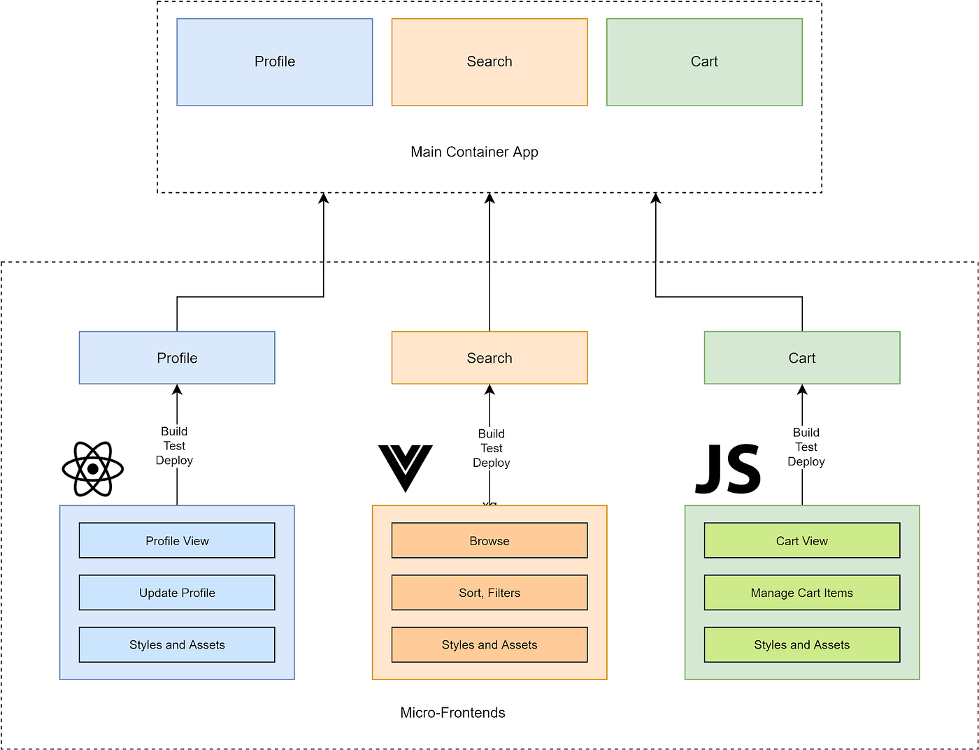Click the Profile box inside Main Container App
pos(274,62)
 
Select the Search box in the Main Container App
pos(489,62)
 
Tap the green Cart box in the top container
pos(704,62)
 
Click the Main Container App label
pos(474,152)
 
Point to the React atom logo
pos(93,469)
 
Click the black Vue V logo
pos(405,468)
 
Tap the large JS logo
pos(728,469)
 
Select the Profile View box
pos(177,540)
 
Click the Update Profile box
pos(177,593)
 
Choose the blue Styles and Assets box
pos(177,644)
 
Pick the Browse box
pos(489,540)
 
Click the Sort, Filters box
pos(489,593)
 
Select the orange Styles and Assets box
pos(489,644)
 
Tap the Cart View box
pos(802,540)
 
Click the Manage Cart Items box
pos(802,593)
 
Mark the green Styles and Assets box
pos(802,644)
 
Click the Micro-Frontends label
pos(452,712)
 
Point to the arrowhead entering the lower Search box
pos(489,390)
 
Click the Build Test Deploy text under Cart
pos(806,447)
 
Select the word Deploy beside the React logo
pos(174,460)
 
